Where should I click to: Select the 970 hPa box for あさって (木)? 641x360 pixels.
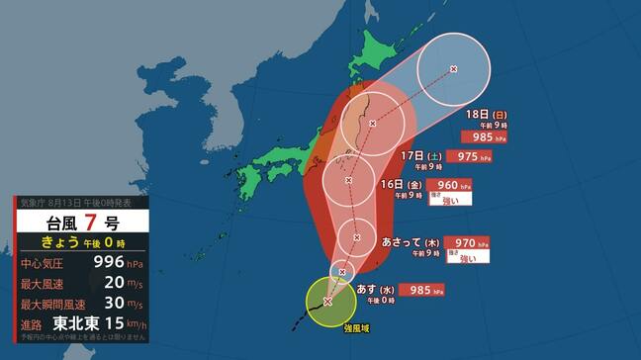(x=466, y=240)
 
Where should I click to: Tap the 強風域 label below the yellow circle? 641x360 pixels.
(x=357, y=327)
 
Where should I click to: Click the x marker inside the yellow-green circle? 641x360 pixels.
(x=327, y=302)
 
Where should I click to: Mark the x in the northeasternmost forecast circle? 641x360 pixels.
(x=454, y=69)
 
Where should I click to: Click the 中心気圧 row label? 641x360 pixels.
(x=45, y=263)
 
